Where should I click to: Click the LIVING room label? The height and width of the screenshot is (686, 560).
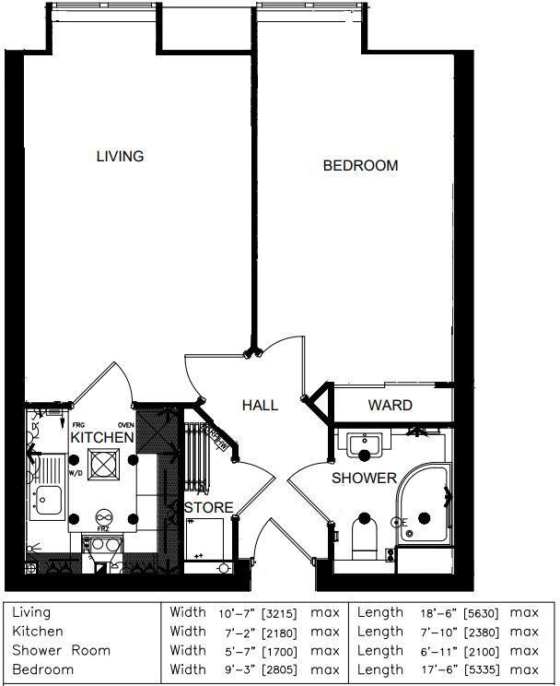(120, 156)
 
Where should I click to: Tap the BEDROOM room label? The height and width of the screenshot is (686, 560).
(360, 166)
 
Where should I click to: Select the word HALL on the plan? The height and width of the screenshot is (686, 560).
(260, 405)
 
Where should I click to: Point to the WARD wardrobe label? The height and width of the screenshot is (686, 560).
(390, 405)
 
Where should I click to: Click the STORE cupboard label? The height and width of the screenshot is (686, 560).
(209, 507)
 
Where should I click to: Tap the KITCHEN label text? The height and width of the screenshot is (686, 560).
(102, 437)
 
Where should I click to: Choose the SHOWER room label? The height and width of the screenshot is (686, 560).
(364, 478)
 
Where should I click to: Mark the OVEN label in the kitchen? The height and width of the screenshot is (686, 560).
(126, 425)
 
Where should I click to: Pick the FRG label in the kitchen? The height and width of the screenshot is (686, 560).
(78, 425)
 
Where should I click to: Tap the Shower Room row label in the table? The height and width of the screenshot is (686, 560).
(61, 650)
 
